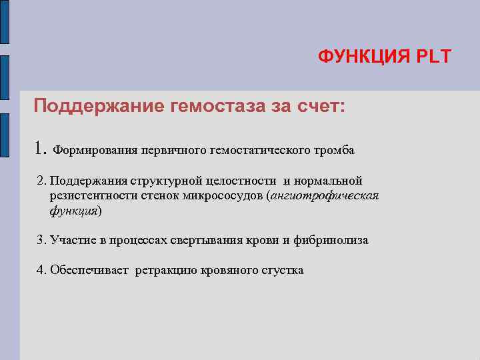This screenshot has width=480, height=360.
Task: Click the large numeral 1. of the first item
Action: click(41, 148)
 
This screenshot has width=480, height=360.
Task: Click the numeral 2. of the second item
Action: click(42, 181)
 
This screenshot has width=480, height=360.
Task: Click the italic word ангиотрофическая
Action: click(324, 195)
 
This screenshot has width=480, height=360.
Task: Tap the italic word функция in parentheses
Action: click(73, 210)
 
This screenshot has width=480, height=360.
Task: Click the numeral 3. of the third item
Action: click(42, 240)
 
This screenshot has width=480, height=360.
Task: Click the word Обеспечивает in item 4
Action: click(89, 270)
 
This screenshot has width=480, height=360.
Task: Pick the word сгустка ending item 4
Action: click(283, 270)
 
